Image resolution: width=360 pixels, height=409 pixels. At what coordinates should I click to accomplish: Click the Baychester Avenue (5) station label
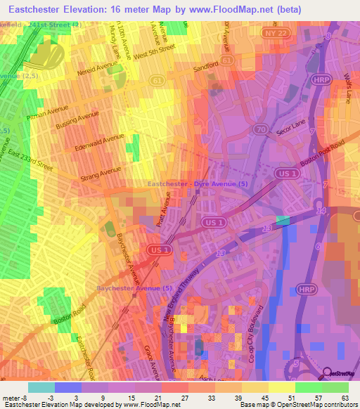(x=134, y=288)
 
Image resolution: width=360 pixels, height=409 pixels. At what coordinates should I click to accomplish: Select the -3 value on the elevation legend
(x=61, y=398)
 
